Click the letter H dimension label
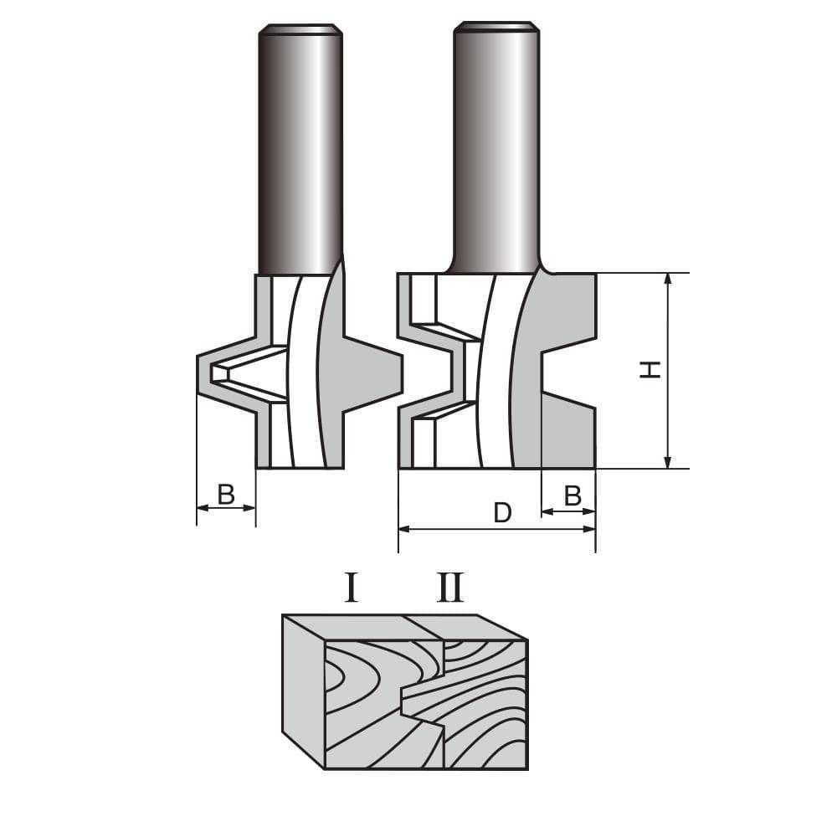(x=650, y=369)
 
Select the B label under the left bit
(x=226, y=495)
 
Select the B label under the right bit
(x=573, y=496)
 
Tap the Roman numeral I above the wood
(x=352, y=588)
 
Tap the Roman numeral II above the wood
(x=450, y=588)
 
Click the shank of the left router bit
(x=300, y=151)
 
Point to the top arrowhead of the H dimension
(x=667, y=280)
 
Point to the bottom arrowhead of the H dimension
(x=667, y=462)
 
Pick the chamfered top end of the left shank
(x=300, y=30)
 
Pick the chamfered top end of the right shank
(x=496, y=27)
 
